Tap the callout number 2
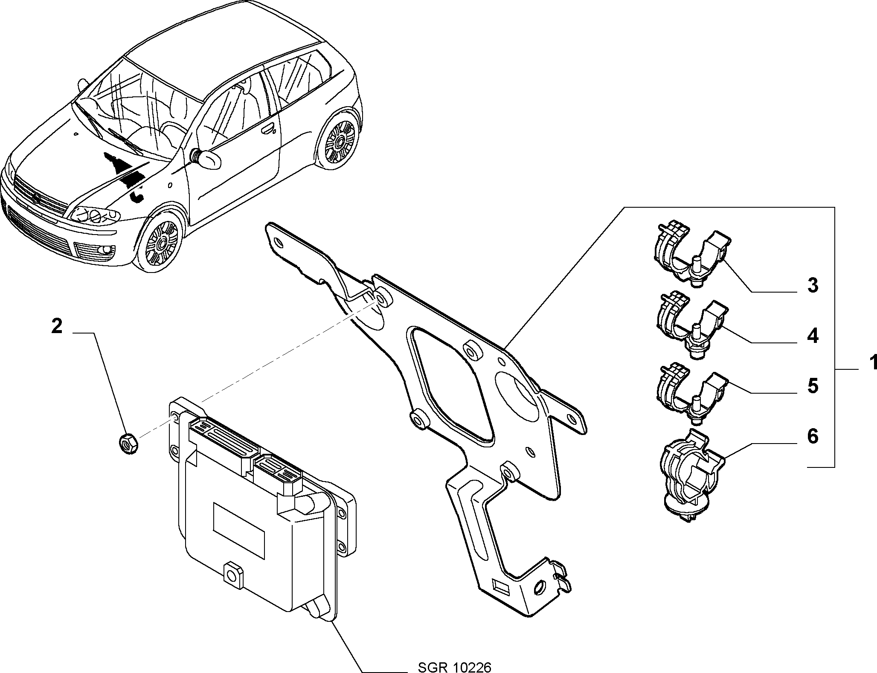[x=57, y=327]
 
